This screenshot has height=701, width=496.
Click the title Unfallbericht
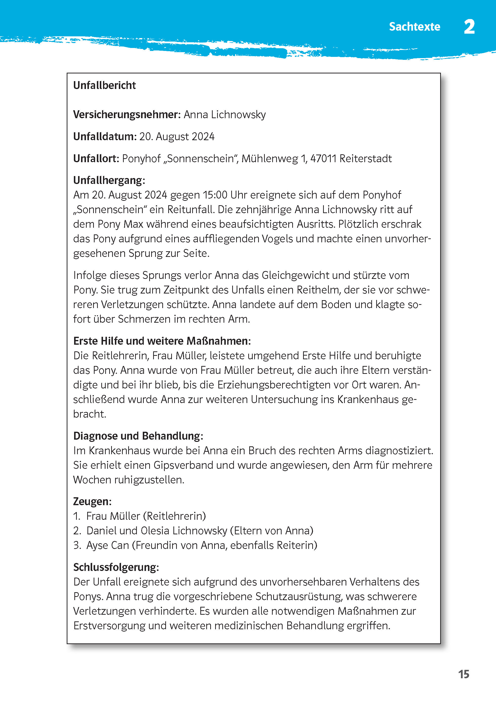click(104, 85)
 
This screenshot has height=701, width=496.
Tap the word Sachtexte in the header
click(414, 27)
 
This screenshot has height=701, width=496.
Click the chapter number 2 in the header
click(469, 27)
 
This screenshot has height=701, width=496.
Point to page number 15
click(463, 674)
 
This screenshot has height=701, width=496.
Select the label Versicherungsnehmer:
click(127, 115)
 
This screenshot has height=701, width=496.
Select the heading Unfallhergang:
click(109, 180)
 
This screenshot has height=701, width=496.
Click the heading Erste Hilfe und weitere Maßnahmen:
click(162, 341)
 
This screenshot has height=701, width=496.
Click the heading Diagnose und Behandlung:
click(138, 436)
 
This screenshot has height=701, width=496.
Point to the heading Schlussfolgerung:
click(116, 567)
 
